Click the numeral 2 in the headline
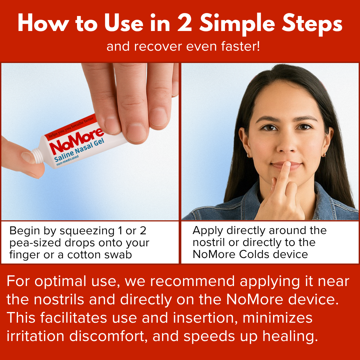point(185,23)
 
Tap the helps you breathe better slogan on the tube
point(71,127)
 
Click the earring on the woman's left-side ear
point(249,156)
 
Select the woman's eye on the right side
point(304,127)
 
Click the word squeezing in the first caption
point(87,231)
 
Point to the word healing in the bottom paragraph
point(290,337)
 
